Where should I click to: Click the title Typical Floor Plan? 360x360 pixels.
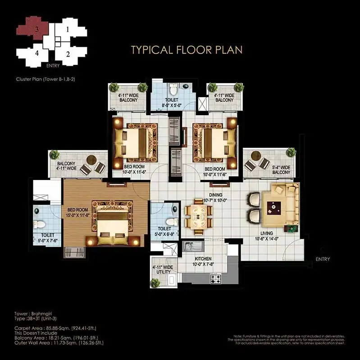click(x=187, y=49)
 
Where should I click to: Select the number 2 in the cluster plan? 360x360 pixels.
click(x=68, y=54)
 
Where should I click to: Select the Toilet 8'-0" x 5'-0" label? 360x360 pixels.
click(x=172, y=102)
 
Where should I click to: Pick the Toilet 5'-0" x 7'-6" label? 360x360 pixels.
click(x=48, y=238)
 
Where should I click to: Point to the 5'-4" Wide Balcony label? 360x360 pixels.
click(x=281, y=170)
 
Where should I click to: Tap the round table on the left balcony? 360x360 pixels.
click(x=92, y=160)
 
